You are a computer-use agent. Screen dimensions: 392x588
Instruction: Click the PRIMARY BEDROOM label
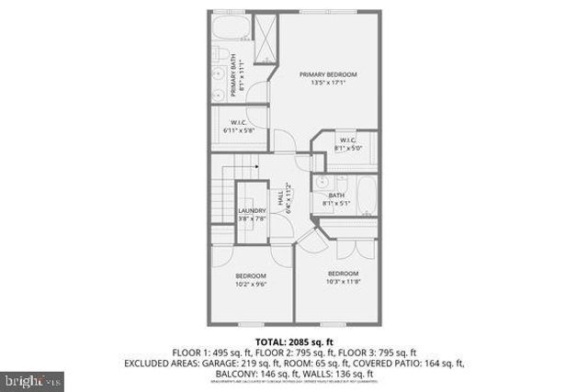pos(328,73)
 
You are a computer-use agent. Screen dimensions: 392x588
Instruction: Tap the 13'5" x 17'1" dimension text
pos(328,83)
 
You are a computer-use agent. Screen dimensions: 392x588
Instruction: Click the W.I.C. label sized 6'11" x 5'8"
pos(237,126)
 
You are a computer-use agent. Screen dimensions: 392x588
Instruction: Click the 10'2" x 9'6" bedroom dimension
pos(251,284)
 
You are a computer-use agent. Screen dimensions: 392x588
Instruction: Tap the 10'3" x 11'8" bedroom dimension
pos(343,283)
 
